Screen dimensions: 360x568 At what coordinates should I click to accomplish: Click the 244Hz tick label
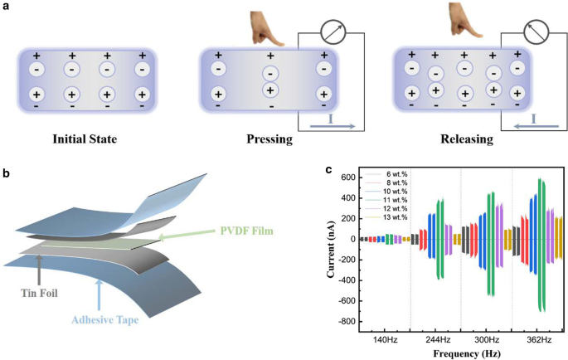click(x=437, y=340)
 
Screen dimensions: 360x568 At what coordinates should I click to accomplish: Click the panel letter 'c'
click(x=329, y=170)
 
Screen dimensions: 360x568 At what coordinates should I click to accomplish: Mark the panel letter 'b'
click(x=7, y=173)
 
